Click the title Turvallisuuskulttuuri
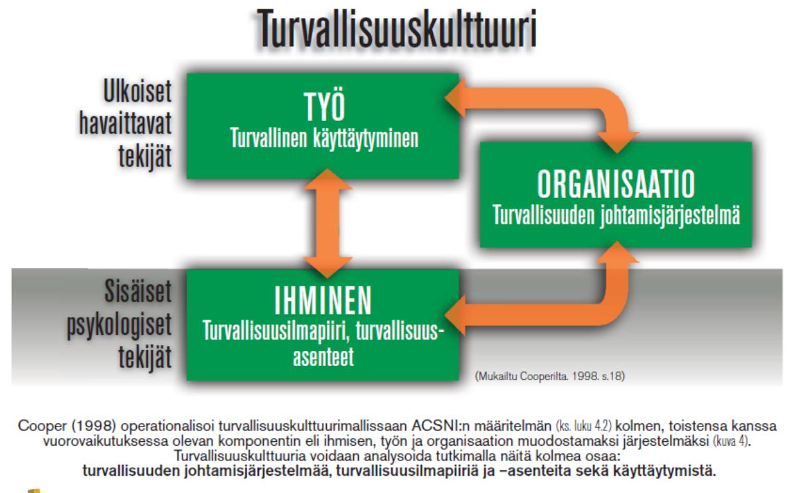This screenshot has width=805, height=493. click(x=397, y=29)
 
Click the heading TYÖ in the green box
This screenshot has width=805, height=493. click(x=325, y=107)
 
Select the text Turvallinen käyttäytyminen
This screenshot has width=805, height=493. click(x=325, y=139)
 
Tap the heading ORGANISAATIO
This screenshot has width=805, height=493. click(x=616, y=184)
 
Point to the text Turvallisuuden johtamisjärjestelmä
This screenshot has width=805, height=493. click(x=616, y=216)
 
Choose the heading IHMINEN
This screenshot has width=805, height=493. click(x=323, y=302)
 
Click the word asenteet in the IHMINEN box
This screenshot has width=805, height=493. click(x=323, y=357)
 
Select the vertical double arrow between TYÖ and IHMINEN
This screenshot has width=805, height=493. click(x=327, y=223)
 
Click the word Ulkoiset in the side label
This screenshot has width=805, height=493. click(x=137, y=91)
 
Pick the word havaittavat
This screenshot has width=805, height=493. click(x=125, y=124)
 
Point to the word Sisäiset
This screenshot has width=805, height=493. click(x=138, y=290)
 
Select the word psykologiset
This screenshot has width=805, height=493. click(x=119, y=325)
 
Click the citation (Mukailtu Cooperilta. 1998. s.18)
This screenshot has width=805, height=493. click(x=550, y=376)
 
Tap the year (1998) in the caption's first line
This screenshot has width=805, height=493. click(x=94, y=426)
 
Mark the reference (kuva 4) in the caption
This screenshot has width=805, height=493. click(x=732, y=441)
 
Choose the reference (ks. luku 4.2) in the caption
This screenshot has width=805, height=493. click(x=584, y=426)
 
